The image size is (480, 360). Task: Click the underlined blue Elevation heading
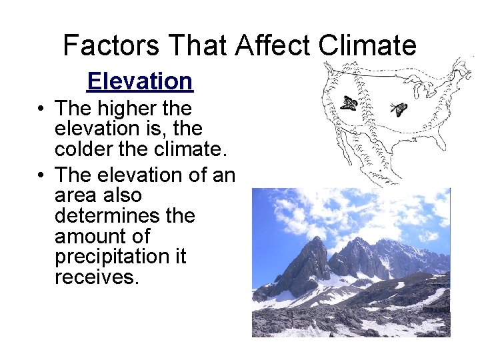[x=139, y=81]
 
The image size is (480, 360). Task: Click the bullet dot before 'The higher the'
[x=41, y=109]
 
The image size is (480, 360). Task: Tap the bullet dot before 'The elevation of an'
[x=41, y=175]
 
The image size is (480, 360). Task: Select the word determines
[x=124, y=216]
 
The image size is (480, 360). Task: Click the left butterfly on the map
[x=348, y=103]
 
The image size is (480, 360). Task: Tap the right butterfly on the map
[x=399, y=109]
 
